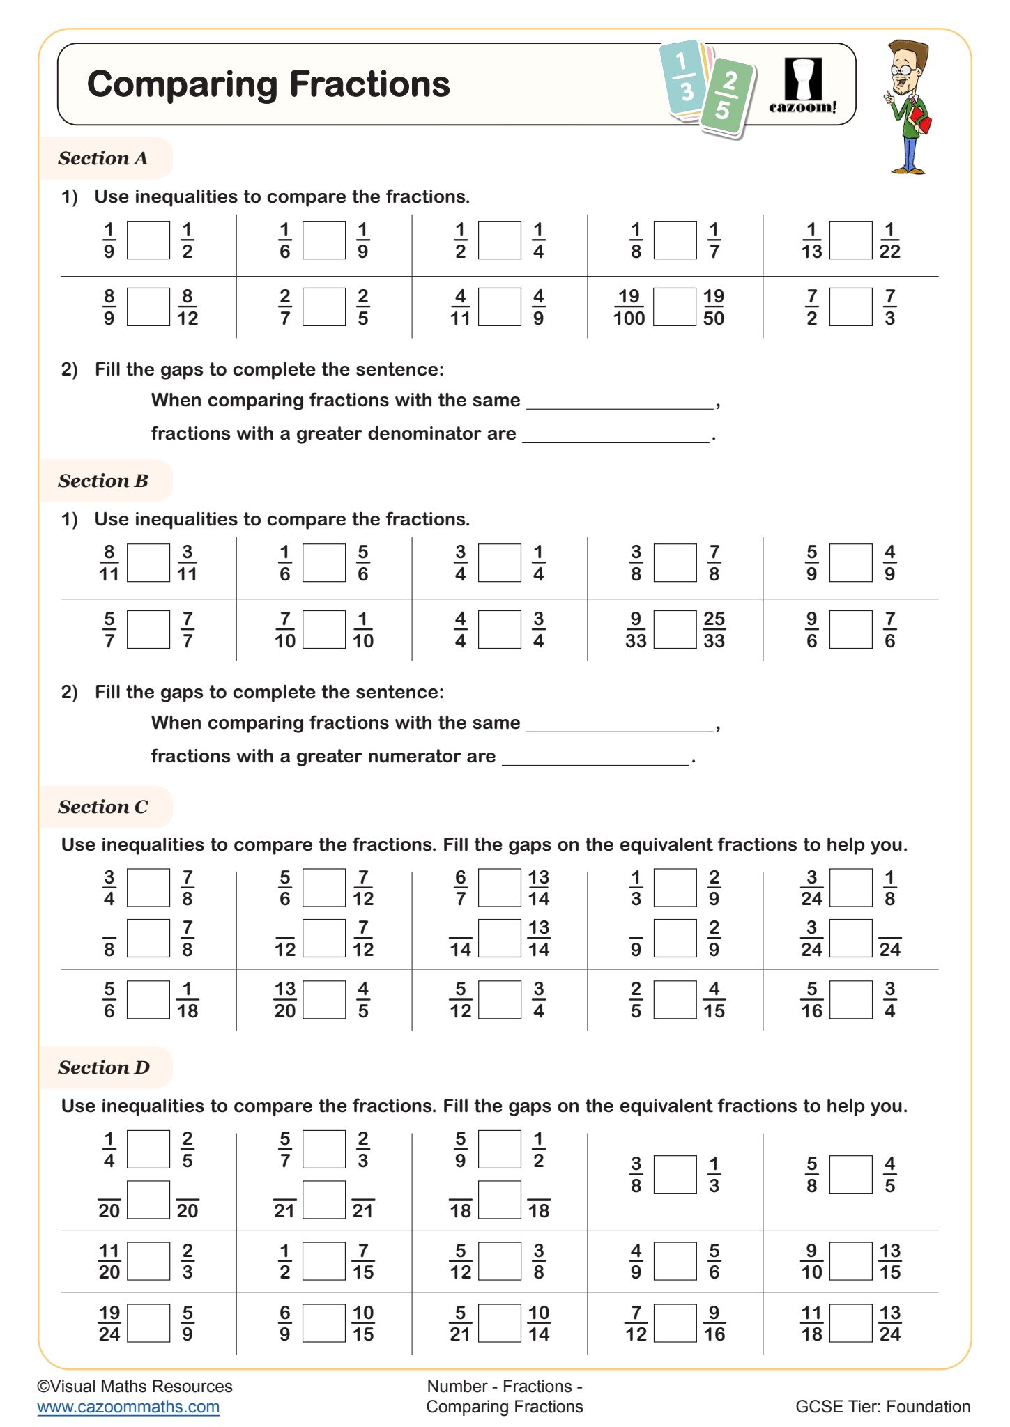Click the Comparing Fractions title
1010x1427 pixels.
tap(268, 84)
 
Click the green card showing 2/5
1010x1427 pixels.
tap(726, 97)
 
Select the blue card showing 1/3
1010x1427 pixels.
tap(684, 77)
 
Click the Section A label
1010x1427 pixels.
tap(103, 158)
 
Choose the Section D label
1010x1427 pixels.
tap(104, 1067)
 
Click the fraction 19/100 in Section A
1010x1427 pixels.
tap(629, 307)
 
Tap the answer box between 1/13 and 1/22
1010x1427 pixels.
tap(850, 240)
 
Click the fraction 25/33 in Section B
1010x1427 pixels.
tap(714, 630)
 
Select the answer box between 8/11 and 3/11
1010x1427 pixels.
tap(148, 563)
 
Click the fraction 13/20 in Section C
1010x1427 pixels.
tap(285, 1000)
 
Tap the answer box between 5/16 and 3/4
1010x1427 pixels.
tap(850, 1000)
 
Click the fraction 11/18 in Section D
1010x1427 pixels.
tap(811, 1323)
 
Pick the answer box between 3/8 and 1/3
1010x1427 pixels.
tap(675, 1175)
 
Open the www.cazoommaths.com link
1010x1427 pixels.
tap(128, 1407)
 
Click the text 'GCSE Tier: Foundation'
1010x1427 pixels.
tap(882, 1407)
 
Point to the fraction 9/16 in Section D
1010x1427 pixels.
tap(714, 1323)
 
